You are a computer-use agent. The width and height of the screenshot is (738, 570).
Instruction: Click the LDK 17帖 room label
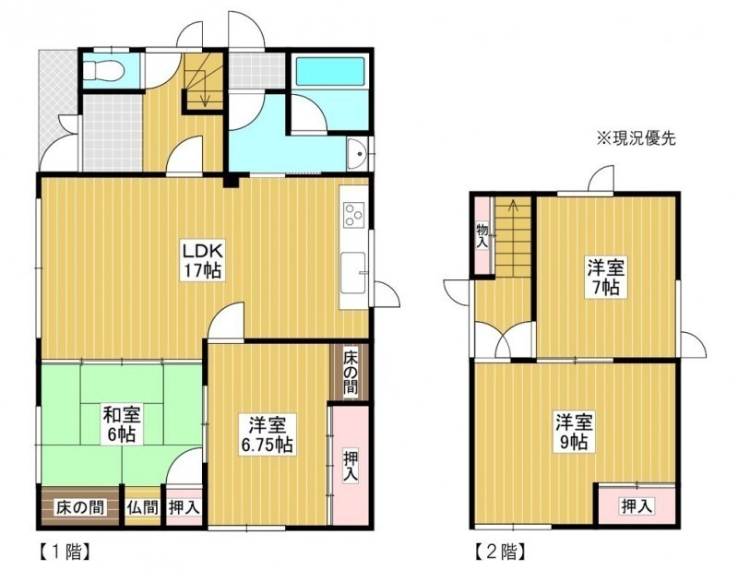point(202,260)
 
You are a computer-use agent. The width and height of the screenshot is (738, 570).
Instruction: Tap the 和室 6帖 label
point(122,424)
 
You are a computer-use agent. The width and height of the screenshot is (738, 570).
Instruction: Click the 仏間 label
point(142,508)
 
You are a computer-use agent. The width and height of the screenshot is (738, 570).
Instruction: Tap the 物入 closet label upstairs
point(482,237)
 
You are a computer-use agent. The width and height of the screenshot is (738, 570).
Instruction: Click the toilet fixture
point(104,70)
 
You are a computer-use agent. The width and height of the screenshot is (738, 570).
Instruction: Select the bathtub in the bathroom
point(330,71)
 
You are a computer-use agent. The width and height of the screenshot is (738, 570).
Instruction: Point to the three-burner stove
point(353,215)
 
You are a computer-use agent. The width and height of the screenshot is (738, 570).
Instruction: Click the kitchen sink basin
point(353,273)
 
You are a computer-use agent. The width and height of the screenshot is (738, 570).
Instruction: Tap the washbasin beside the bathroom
point(359,154)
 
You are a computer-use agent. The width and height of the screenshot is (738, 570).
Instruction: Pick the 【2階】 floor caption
point(500,552)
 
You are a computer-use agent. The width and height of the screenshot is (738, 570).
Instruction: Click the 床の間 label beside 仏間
point(79,508)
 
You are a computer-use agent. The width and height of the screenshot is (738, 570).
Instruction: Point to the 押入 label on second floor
point(637,506)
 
